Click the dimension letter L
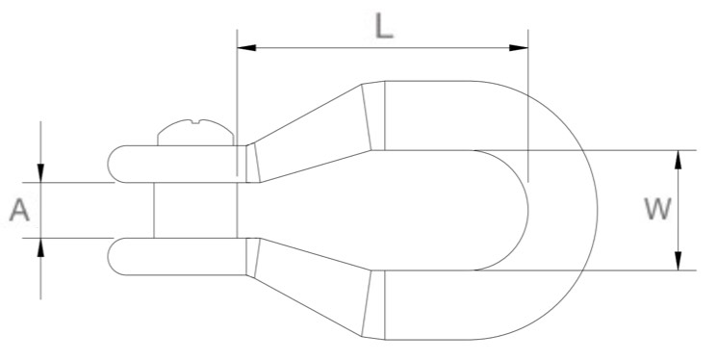click(384, 26)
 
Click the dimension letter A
click(20, 210)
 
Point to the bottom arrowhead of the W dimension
click(679, 261)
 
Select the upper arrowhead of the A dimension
click(40, 172)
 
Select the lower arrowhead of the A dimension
click(40, 247)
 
